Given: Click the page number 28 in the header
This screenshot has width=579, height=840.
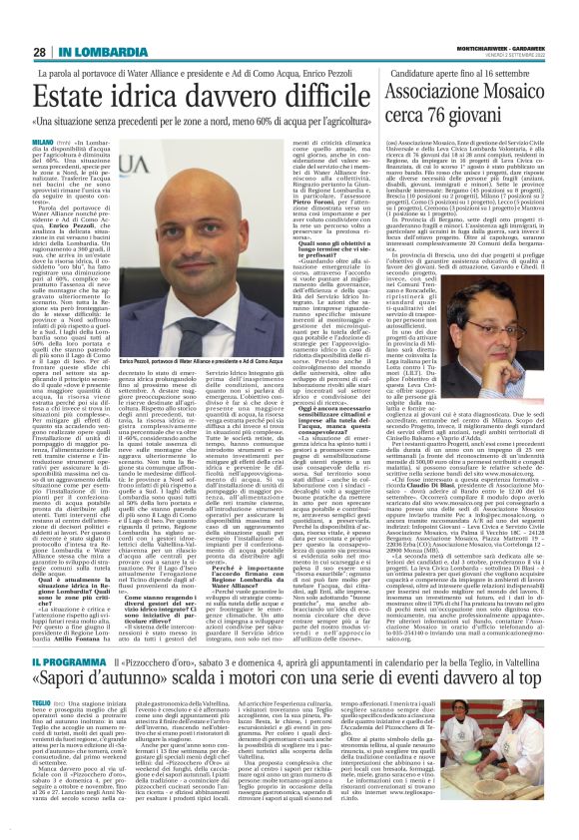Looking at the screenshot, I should tap(39, 51).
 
